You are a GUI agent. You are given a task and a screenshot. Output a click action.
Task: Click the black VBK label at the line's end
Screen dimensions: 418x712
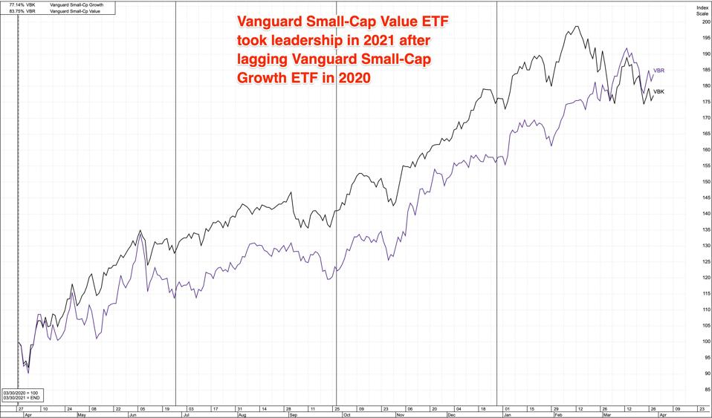(658, 91)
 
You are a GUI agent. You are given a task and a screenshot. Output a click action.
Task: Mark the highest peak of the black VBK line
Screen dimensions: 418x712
(577, 26)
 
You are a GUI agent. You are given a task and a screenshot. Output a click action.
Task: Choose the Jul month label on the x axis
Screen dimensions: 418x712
(187, 415)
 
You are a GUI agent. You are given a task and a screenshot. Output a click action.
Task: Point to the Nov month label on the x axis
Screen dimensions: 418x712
(401, 415)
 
